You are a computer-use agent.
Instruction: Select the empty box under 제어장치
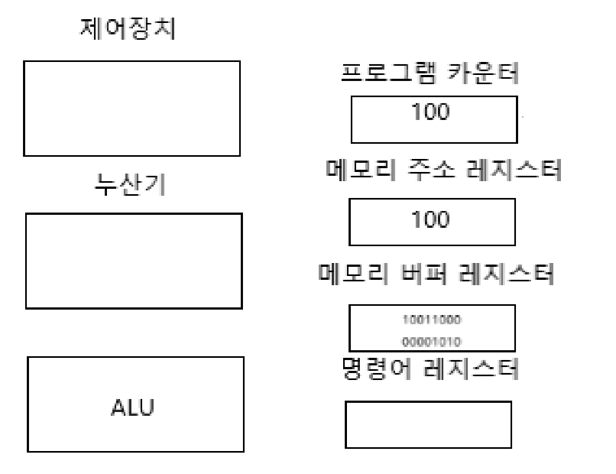coord(132,109)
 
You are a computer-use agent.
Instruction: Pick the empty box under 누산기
coord(134,261)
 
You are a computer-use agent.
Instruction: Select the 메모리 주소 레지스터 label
coord(439,170)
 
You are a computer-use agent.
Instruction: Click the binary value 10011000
coord(431,317)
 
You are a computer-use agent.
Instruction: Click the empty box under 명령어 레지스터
coord(427,424)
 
